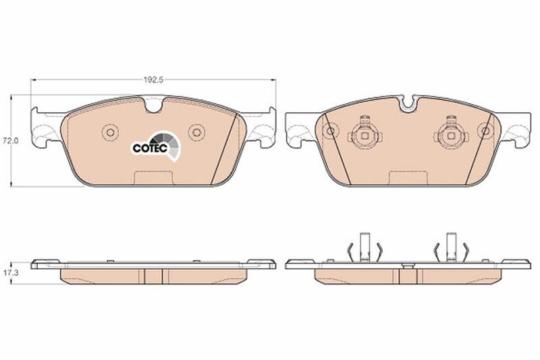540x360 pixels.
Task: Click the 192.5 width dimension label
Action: [153, 80]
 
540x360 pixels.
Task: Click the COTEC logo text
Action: [150, 148]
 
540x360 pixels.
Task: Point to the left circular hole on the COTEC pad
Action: [110, 132]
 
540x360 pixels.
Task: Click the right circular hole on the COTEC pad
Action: [196, 132]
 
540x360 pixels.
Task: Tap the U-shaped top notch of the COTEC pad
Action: [154, 105]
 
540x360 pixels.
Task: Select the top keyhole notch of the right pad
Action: [409, 103]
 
